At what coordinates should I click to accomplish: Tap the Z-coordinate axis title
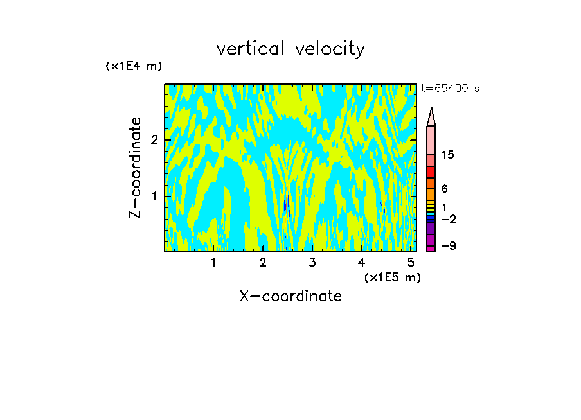[135, 167]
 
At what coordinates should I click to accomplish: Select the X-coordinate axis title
[290, 296]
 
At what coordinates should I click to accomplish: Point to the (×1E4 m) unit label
[134, 66]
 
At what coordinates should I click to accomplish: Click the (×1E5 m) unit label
[392, 277]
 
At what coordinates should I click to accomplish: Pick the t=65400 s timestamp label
[450, 89]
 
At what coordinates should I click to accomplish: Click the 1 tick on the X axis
[213, 262]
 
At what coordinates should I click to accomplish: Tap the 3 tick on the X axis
[312, 262]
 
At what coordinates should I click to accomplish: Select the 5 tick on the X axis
[411, 262]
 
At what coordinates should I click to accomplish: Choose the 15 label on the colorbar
[448, 155]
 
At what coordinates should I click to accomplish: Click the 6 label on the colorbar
[444, 189]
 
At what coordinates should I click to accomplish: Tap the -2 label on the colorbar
[448, 219]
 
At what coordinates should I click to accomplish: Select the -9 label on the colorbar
[448, 246]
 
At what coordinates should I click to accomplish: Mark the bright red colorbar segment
[431, 172]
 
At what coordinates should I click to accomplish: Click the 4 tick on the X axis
[361, 262]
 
